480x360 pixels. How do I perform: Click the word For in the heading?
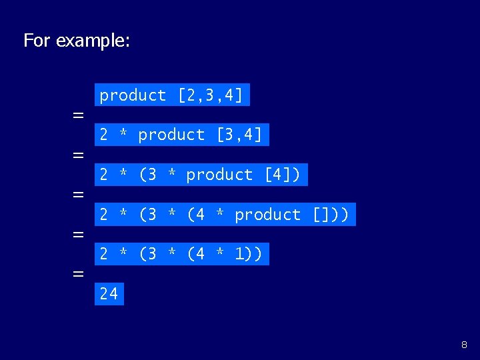[x=37, y=41]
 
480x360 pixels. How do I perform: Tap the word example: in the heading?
[x=93, y=41]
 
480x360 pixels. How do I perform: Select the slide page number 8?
[x=464, y=345]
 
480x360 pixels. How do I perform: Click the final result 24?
[x=109, y=293]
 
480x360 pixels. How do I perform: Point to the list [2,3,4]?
[x=210, y=95]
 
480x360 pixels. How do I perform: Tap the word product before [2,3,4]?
[x=133, y=95]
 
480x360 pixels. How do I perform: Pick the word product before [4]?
[x=219, y=175]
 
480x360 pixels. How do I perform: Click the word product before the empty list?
[x=268, y=215]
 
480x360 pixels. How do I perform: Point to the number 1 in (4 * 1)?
[x=239, y=254]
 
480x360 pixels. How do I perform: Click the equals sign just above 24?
[x=78, y=274]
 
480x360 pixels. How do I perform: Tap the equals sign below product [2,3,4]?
[x=78, y=115]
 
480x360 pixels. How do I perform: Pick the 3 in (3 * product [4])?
[x=151, y=175]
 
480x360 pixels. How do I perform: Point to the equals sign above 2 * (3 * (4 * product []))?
[x=78, y=195]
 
